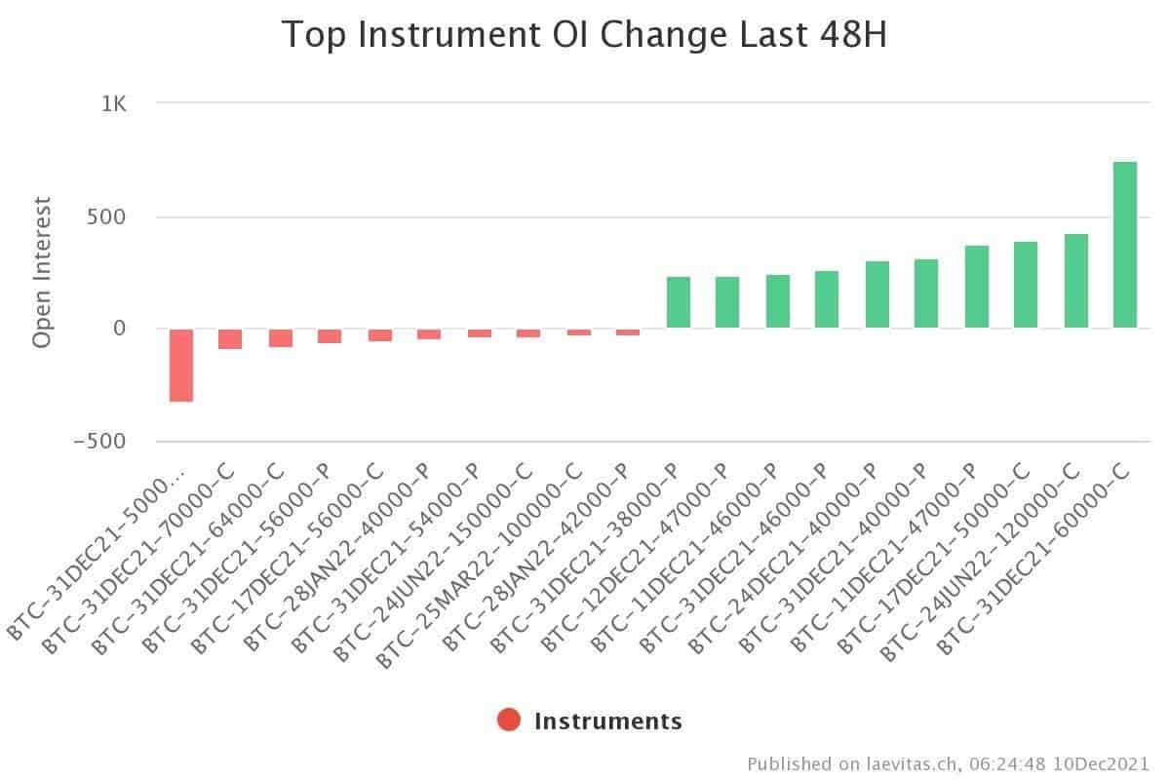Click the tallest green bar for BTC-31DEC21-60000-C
click(x=1124, y=245)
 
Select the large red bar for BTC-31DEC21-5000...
click(x=181, y=366)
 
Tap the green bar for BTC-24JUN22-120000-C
click(x=1076, y=281)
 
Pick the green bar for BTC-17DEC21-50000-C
click(x=1026, y=285)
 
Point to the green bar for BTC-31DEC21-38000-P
click(x=679, y=302)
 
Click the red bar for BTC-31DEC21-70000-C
click(x=230, y=339)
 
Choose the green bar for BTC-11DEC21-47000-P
click(x=977, y=287)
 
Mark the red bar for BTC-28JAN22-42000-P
click(x=628, y=332)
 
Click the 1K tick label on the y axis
click(x=114, y=104)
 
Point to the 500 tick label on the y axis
click(x=106, y=216)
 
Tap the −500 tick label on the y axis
click(x=100, y=442)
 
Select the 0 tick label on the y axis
click(x=120, y=329)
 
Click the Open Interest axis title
click(x=42, y=272)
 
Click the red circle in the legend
click(x=509, y=720)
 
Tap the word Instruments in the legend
click(x=608, y=721)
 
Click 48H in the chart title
click(x=853, y=34)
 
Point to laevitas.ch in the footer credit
click(x=911, y=763)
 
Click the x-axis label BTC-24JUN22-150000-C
click(x=433, y=564)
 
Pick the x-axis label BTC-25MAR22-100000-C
click(x=479, y=566)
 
